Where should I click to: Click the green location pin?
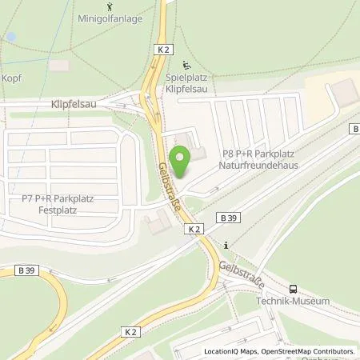[182, 166]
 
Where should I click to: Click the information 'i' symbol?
[227, 245]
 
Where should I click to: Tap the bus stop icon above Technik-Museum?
[294, 289]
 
